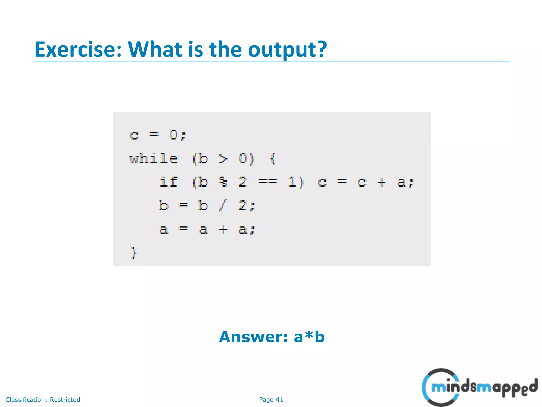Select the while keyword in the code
point(154,159)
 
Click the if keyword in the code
point(169,182)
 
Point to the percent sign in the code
point(223,182)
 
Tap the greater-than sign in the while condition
point(223,159)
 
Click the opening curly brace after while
point(273,159)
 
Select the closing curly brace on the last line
point(134,253)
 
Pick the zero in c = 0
point(174,135)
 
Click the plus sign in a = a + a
point(223,229)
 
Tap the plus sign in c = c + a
point(382,182)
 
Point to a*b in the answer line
point(309,337)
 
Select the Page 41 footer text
point(271,400)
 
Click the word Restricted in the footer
point(65,400)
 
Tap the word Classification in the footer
point(26,400)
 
